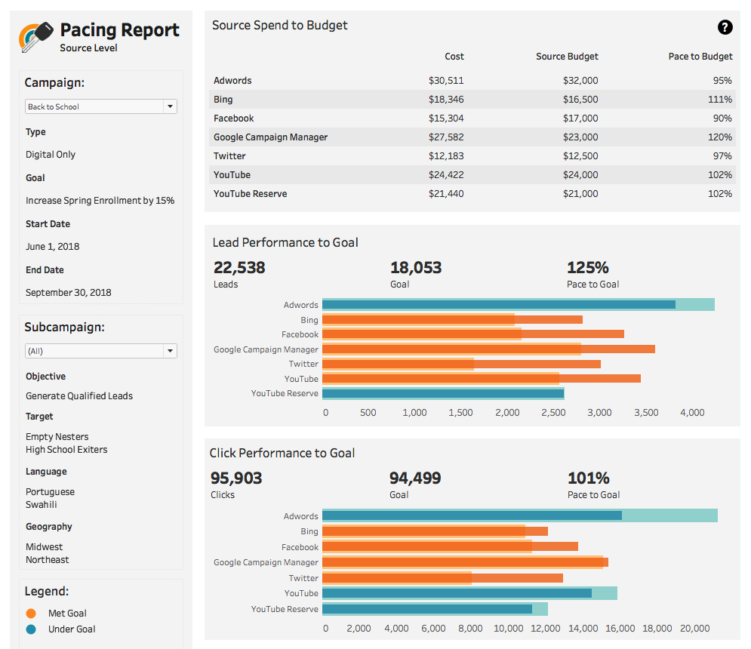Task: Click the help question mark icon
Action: click(x=725, y=28)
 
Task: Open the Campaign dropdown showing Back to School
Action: click(x=101, y=106)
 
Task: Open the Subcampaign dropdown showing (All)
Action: click(x=101, y=351)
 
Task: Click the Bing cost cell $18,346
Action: click(x=446, y=100)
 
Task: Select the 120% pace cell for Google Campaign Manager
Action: click(x=720, y=137)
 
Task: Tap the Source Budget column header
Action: click(x=567, y=57)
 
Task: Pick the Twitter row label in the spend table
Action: click(x=229, y=156)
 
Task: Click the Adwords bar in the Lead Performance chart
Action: click(x=498, y=305)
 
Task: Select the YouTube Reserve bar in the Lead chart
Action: click(x=443, y=393)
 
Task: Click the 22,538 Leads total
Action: click(x=239, y=267)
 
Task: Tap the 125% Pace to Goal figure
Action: click(x=587, y=267)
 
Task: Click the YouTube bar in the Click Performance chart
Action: click(x=457, y=593)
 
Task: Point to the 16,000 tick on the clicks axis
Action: click(x=620, y=628)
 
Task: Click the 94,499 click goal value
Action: click(x=415, y=478)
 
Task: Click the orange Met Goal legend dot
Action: click(x=31, y=614)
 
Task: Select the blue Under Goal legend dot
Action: click(x=31, y=629)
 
